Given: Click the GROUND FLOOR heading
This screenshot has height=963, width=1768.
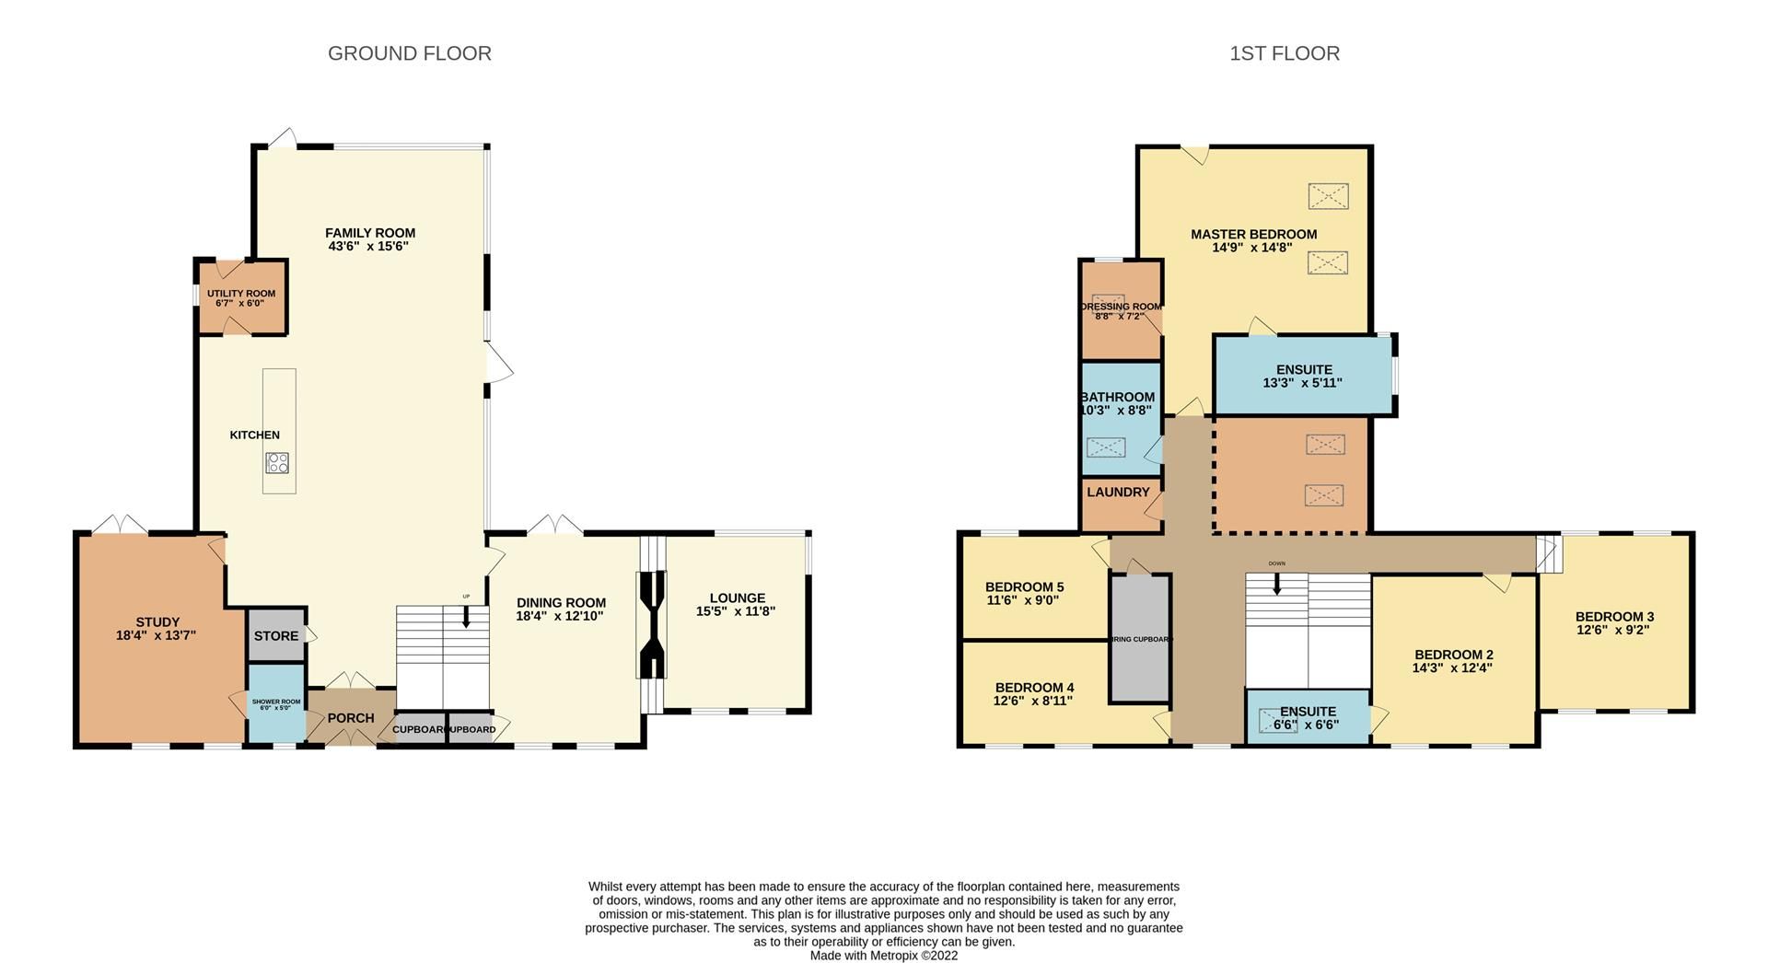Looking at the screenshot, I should tap(409, 53).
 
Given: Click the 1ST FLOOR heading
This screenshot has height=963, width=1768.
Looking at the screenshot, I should tap(1284, 53).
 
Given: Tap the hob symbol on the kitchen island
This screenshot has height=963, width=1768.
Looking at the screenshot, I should tap(277, 463).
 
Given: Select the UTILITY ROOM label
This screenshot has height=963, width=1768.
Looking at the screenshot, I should tap(241, 294).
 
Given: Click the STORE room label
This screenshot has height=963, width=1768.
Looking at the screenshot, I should tap(275, 635).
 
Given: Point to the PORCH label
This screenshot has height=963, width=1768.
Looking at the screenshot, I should tap(351, 718).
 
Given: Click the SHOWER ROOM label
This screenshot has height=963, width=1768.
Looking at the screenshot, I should tap(276, 702).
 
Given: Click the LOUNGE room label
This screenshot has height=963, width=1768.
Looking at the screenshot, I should tap(737, 598).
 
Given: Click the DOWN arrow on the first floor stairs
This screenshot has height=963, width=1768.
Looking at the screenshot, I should tap(1276, 583).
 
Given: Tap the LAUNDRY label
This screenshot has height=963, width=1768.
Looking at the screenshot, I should tap(1118, 493).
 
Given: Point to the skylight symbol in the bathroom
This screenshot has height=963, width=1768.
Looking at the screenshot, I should tap(1105, 447).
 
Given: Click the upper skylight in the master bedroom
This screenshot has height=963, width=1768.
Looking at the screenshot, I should tap(1328, 196).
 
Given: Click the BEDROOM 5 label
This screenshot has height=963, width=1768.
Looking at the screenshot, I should tap(1024, 586).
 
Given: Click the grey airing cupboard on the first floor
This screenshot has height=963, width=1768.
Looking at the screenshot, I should tap(1139, 638).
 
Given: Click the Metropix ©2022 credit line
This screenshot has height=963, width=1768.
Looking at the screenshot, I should tap(883, 956).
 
